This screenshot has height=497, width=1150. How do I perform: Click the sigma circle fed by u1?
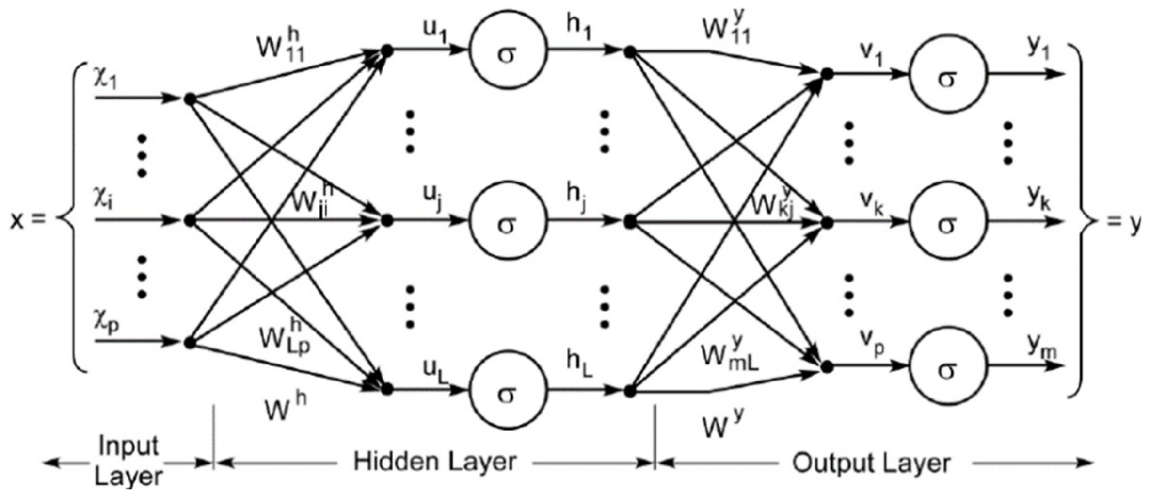coord(507,51)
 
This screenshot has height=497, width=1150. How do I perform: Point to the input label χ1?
coord(105,79)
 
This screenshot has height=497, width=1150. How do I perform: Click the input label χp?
coord(106,323)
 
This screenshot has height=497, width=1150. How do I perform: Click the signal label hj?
coord(577,197)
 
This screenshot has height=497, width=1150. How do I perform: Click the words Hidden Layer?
coord(434,462)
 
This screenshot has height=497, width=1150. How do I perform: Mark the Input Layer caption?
coord(128,461)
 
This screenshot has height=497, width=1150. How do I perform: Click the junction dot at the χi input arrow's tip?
coord(190,221)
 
